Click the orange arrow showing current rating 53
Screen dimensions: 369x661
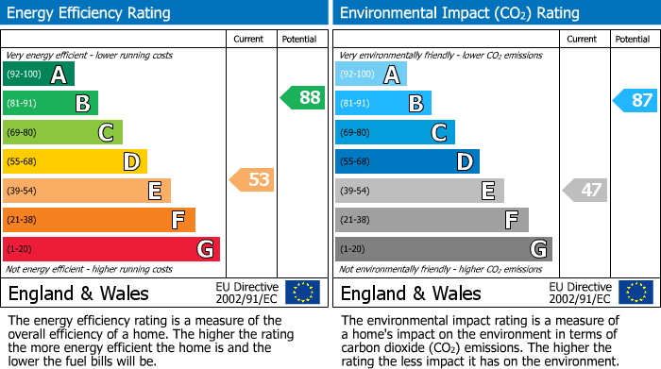pyautogui.click(x=252, y=179)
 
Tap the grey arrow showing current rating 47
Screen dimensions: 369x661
pyautogui.click(x=585, y=190)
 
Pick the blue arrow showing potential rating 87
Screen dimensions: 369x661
pyautogui.click(x=635, y=100)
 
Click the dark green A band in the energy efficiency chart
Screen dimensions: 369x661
pyautogui.click(x=39, y=75)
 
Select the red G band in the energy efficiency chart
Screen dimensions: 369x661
pyautogui.click(x=111, y=249)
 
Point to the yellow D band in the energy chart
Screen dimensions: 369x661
pyautogui.click(x=75, y=162)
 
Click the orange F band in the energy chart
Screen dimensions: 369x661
pyautogui.click(x=99, y=220)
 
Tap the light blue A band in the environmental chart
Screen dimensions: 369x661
pyautogui.click(x=371, y=75)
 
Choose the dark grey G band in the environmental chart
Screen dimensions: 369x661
pyautogui.click(x=443, y=249)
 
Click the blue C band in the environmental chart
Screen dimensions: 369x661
pyautogui.click(x=395, y=132)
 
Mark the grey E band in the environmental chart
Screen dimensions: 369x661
pyautogui.click(x=419, y=191)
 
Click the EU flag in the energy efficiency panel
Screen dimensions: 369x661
pyautogui.click(x=302, y=292)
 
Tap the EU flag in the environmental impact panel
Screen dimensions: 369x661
pyautogui.click(x=635, y=292)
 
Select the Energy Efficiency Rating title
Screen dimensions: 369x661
pyautogui.click(x=90, y=13)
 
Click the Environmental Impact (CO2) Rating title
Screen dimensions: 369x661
pyautogui.click(x=459, y=13)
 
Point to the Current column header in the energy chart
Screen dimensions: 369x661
pyautogui.click(x=248, y=39)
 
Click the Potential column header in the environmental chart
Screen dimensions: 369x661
pyautogui.click(x=632, y=39)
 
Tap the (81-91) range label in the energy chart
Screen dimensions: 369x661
pyautogui.click(x=24, y=104)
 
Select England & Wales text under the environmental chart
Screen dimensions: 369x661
pyautogui.click(x=410, y=293)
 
